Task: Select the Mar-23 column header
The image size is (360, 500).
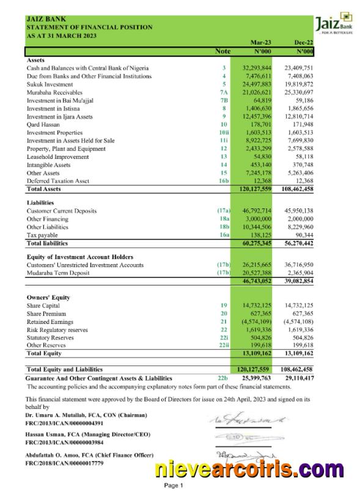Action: [261, 42]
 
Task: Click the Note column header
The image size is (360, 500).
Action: [224, 51]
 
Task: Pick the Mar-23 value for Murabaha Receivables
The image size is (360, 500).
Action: [257, 92]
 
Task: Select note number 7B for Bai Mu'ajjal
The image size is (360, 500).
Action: [224, 100]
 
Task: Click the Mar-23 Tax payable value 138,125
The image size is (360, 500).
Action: [260, 235]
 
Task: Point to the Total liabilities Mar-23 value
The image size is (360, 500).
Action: [257, 243]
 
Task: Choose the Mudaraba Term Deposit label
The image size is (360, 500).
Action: [59, 272]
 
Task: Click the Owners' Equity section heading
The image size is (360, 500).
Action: [48, 297]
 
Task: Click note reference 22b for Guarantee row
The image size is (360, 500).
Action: [222, 378]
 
